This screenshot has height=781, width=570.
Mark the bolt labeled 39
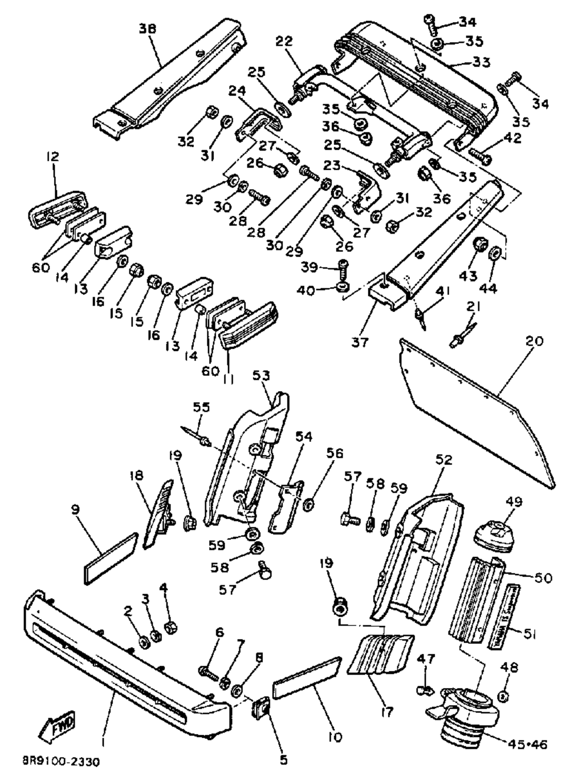(343, 266)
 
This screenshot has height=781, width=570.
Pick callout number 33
(482, 61)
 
